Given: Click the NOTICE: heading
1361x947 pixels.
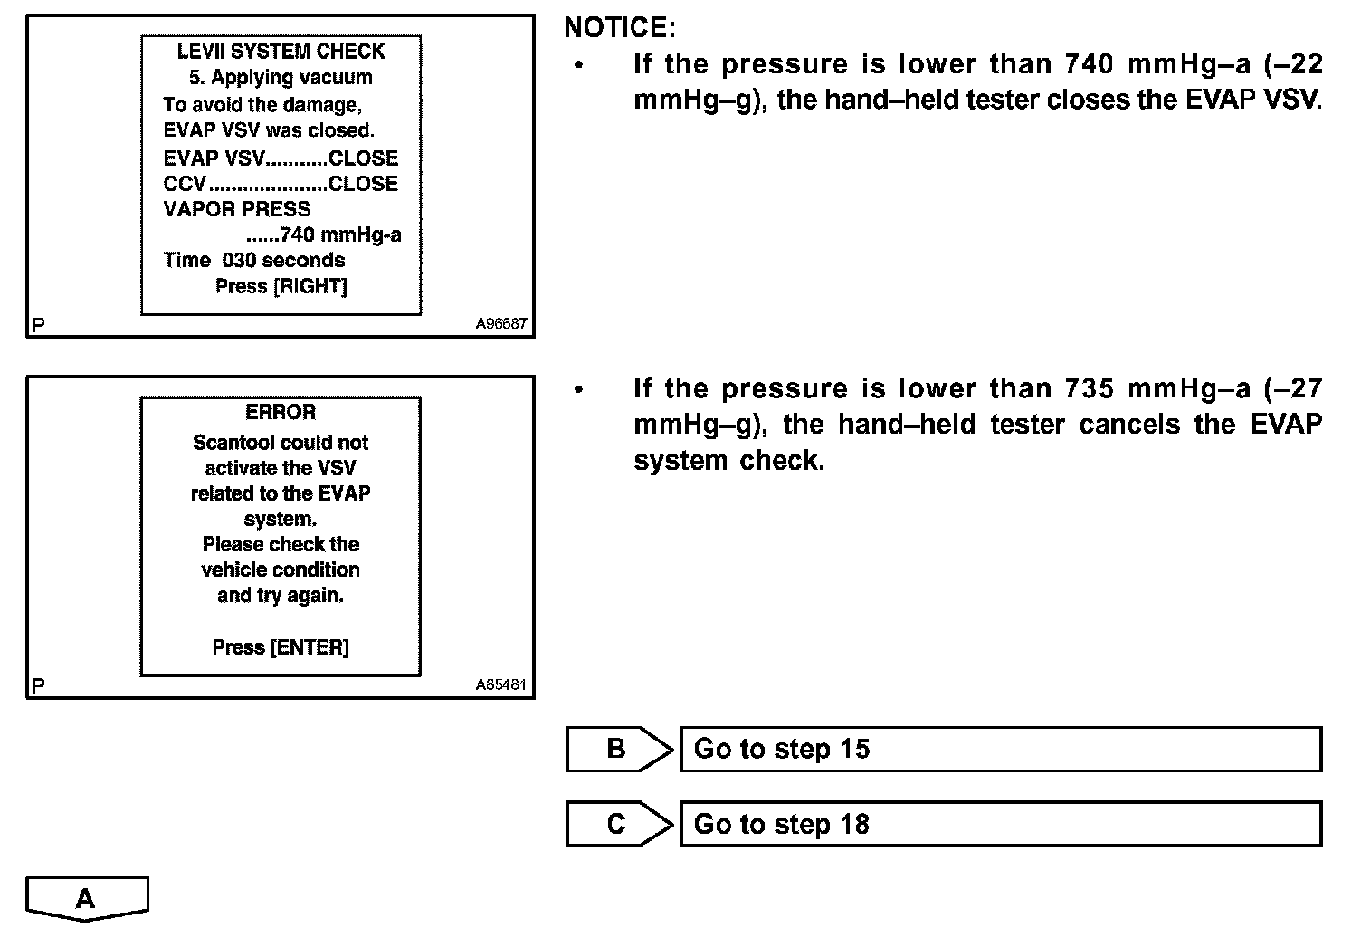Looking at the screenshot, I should tap(620, 28).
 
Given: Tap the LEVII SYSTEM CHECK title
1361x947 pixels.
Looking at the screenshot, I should tap(281, 52).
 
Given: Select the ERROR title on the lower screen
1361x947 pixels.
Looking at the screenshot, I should tap(281, 413).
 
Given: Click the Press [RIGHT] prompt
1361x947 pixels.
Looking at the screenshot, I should tap(281, 286).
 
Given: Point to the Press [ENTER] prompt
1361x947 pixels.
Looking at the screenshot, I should tap(281, 647).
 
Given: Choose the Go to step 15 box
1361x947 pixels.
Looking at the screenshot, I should tap(1000, 749).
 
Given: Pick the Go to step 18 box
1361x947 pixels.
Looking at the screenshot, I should tap(1000, 824).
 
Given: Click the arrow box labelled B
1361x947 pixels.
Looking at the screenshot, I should tap(618, 749).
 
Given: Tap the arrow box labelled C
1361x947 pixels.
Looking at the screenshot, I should tap(618, 824).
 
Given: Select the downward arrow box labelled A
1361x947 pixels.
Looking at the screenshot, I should tap(86, 898).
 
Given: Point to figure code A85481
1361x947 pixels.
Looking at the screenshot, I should tap(500, 685).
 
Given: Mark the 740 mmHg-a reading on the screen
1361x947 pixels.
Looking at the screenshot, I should tap(339, 235).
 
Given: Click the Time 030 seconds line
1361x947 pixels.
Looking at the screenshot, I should tap(254, 261).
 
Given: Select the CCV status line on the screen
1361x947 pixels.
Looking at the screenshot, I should tap(281, 184).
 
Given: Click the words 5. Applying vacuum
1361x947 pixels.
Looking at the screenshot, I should tap(281, 78).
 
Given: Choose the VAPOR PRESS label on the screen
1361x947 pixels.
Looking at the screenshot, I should tap(237, 209).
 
